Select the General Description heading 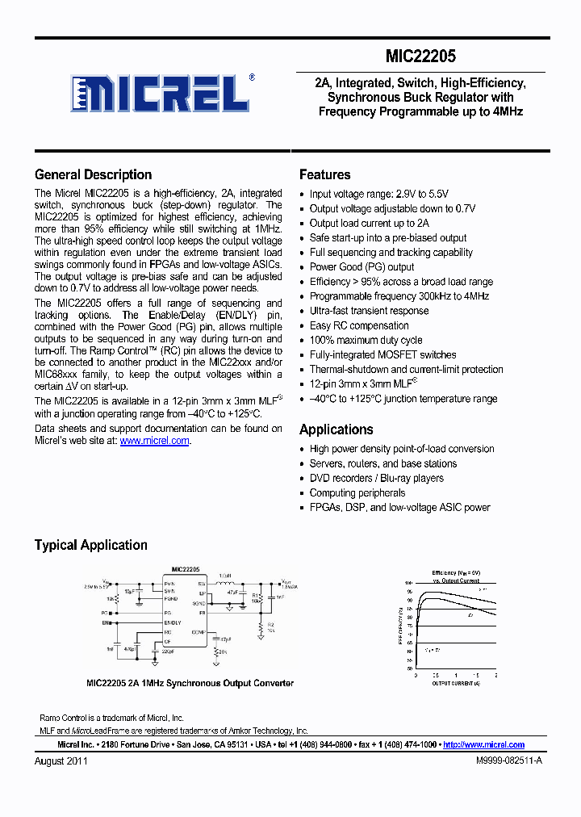[93, 174]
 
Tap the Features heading [324, 174]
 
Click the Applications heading [336, 429]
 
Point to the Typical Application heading [90, 545]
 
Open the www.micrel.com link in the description [154, 441]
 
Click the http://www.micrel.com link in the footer [483, 744]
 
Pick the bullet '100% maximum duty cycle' [366, 340]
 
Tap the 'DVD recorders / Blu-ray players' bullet [376, 478]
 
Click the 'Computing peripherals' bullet [357, 492]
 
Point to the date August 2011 [61, 761]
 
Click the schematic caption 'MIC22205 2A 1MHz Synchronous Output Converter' [190, 683]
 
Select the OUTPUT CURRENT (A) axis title [455, 682]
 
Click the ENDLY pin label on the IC [173, 622]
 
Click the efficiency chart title [455, 576]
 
